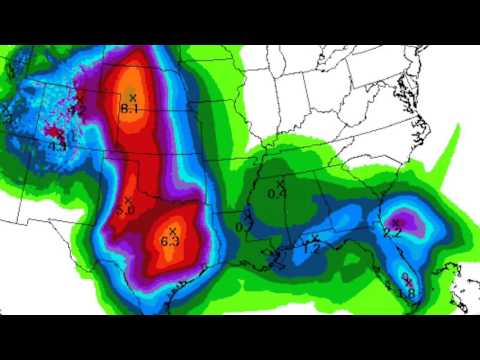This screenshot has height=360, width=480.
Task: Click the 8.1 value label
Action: (130, 108)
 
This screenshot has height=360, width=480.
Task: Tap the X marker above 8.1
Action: (132, 96)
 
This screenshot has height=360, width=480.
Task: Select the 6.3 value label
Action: (169, 241)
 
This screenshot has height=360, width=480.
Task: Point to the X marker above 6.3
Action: (172, 230)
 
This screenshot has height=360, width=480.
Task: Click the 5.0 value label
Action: (126, 210)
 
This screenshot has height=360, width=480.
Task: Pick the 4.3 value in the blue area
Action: (58, 147)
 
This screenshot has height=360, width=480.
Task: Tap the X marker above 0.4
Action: (282, 181)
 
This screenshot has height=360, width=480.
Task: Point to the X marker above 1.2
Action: (315, 237)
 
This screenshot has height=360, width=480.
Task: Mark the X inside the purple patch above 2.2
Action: (396, 221)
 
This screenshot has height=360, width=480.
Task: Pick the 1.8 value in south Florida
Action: (406, 293)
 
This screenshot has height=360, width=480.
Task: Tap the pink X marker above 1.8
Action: (404, 277)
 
